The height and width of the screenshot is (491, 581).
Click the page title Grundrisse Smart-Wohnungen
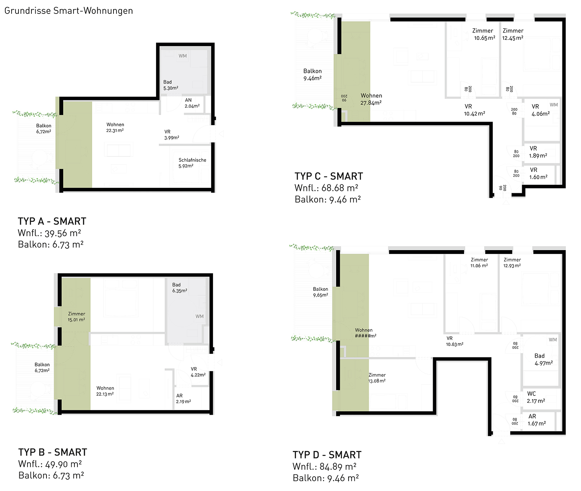[x=69, y=11]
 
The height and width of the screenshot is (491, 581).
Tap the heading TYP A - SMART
[x=52, y=221]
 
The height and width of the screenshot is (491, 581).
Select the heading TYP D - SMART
[x=327, y=455]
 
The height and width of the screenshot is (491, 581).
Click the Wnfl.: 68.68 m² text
[x=327, y=188]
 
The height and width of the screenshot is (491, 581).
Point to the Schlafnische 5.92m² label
[x=192, y=163]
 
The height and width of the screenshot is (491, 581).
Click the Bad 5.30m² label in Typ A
[x=170, y=85]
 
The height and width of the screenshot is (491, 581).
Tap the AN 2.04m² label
[x=192, y=103]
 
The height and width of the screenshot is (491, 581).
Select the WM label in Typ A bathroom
[x=183, y=56]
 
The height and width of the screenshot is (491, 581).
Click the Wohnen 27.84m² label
[x=371, y=99]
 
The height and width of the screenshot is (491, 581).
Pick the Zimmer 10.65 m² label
[x=484, y=34]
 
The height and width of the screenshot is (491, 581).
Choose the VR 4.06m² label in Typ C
[x=541, y=110]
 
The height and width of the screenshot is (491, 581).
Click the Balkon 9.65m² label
[x=320, y=292]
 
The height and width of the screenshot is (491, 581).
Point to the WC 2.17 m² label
[x=536, y=397]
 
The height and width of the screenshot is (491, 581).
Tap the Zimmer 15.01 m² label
[x=76, y=317]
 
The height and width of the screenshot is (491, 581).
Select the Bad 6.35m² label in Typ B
[x=180, y=288]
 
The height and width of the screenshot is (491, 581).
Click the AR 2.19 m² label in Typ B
[x=183, y=398]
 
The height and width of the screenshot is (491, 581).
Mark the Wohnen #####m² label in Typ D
[x=365, y=333]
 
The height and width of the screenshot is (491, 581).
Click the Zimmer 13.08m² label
[x=377, y=378]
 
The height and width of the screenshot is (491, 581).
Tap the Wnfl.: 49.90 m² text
[x=50, y=464]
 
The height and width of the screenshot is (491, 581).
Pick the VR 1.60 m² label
[x=538, y=173]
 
